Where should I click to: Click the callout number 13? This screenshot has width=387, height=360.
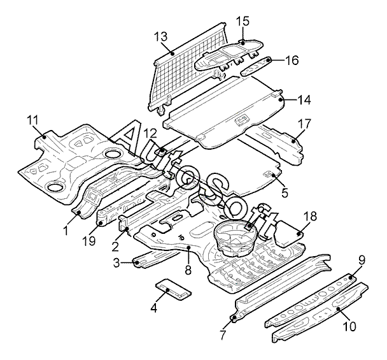[160, 36]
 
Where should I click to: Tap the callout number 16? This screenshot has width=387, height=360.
[292, 61]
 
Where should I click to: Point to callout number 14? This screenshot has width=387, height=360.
[304, 100]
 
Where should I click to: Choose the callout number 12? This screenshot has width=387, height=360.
[150, 133]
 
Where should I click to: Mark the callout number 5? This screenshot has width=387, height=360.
[285, 191]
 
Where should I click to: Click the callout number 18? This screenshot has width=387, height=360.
[309, 217]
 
